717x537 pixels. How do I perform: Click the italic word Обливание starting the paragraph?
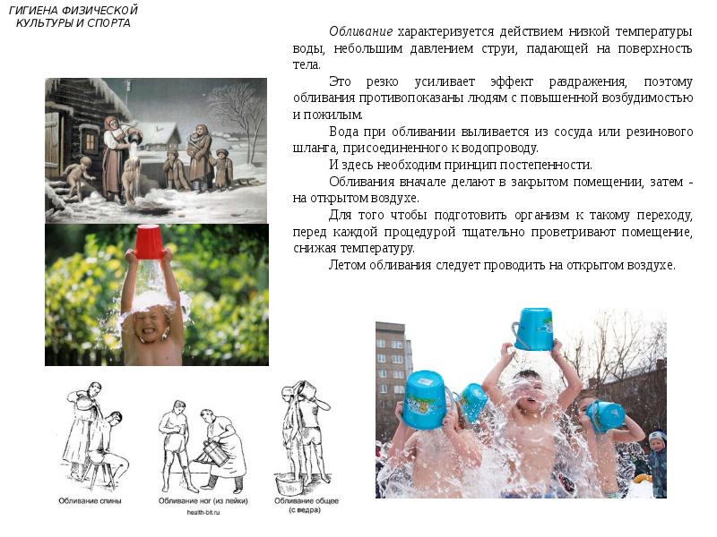(360, 31)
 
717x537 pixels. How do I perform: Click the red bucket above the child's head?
(149, 241)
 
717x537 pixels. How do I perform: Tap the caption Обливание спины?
(91, 501)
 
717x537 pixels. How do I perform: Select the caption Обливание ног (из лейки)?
(203, 501)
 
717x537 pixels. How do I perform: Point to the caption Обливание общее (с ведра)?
(307, 505)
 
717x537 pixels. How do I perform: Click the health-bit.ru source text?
(203, 512)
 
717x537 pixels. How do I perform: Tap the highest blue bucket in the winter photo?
(533, 328)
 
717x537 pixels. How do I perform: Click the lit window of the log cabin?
(91, 141)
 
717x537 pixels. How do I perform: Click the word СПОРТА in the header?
(108, 23)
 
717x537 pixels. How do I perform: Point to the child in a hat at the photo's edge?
(656, 461)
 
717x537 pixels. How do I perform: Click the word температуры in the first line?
(654, 32)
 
